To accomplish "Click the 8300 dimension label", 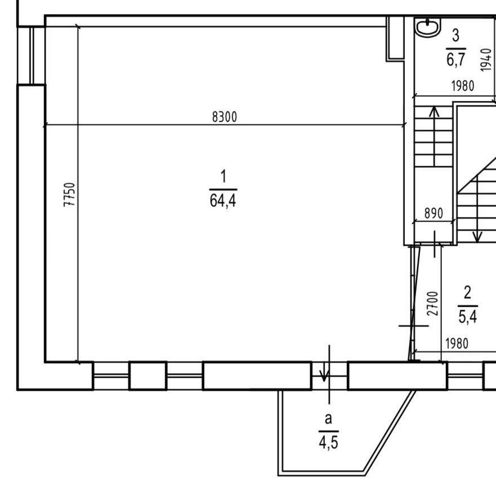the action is [x=224, y=117].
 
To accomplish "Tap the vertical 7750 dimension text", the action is [x=69, y=195].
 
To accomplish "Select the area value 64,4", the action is [x=223, y=201].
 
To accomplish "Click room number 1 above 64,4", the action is [x=224, y=176].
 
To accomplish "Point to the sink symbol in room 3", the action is [x=428, y=27].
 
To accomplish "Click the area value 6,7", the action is [x=456, y=59].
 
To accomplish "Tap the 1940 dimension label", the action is [x=486, y=60].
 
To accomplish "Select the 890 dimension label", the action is [x=434, y=214].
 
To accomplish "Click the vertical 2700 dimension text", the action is [x=432, y=303].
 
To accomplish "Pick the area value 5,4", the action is [x=467, y=316].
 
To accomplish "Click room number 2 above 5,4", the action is [x=467, y=293].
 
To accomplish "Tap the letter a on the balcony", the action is [x=328, y=419].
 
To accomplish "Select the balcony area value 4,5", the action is [x=328, y=442].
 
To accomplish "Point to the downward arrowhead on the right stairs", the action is [x=477, y=237].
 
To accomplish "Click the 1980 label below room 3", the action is [x=462, y=86].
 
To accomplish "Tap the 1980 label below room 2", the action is [x=457, y=344].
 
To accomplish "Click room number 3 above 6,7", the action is [x=455, y=35].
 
